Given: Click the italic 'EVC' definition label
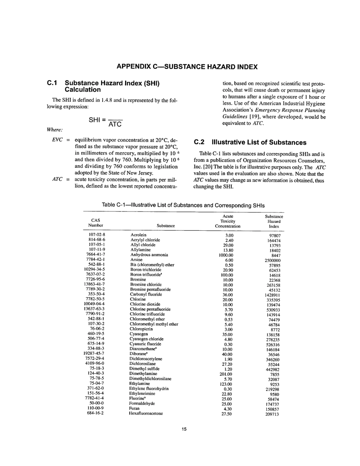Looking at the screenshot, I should click(x=57, y=140).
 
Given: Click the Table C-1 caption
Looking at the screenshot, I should click(x=183, y=205).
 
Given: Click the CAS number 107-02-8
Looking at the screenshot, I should click(x=97, y=235).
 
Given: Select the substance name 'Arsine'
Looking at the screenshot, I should click(x=136, y=260).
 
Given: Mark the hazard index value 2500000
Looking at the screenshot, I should click(x=272, y=261).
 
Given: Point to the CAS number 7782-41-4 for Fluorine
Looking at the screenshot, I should click(x=95, y=399).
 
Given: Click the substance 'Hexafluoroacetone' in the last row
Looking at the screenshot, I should click(x=146, y=413).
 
